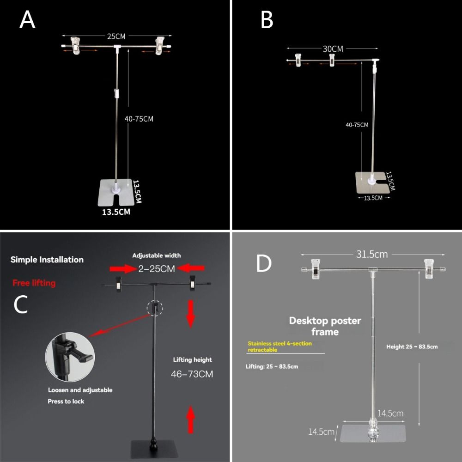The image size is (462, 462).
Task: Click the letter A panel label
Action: (x=27, y=20)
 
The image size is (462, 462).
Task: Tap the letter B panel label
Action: (x=267, y=20)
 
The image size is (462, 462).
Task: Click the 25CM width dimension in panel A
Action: (x=116, y=36)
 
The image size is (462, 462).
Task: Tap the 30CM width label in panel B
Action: (x=333, y=49)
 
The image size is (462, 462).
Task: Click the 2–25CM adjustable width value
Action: (x=157, y=268)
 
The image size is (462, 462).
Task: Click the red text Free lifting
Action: (x=34, y=283)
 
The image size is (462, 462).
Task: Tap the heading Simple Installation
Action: (x=47, y=260)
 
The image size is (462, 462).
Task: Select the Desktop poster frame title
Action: (x=325, y=326)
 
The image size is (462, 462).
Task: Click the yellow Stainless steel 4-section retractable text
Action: (x=280, y=346)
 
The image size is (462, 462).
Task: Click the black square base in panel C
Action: (x=154, y=449)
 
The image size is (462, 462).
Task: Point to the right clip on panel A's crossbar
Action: (x=160, y=45)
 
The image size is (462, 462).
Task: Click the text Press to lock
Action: (x=66, y=401)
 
